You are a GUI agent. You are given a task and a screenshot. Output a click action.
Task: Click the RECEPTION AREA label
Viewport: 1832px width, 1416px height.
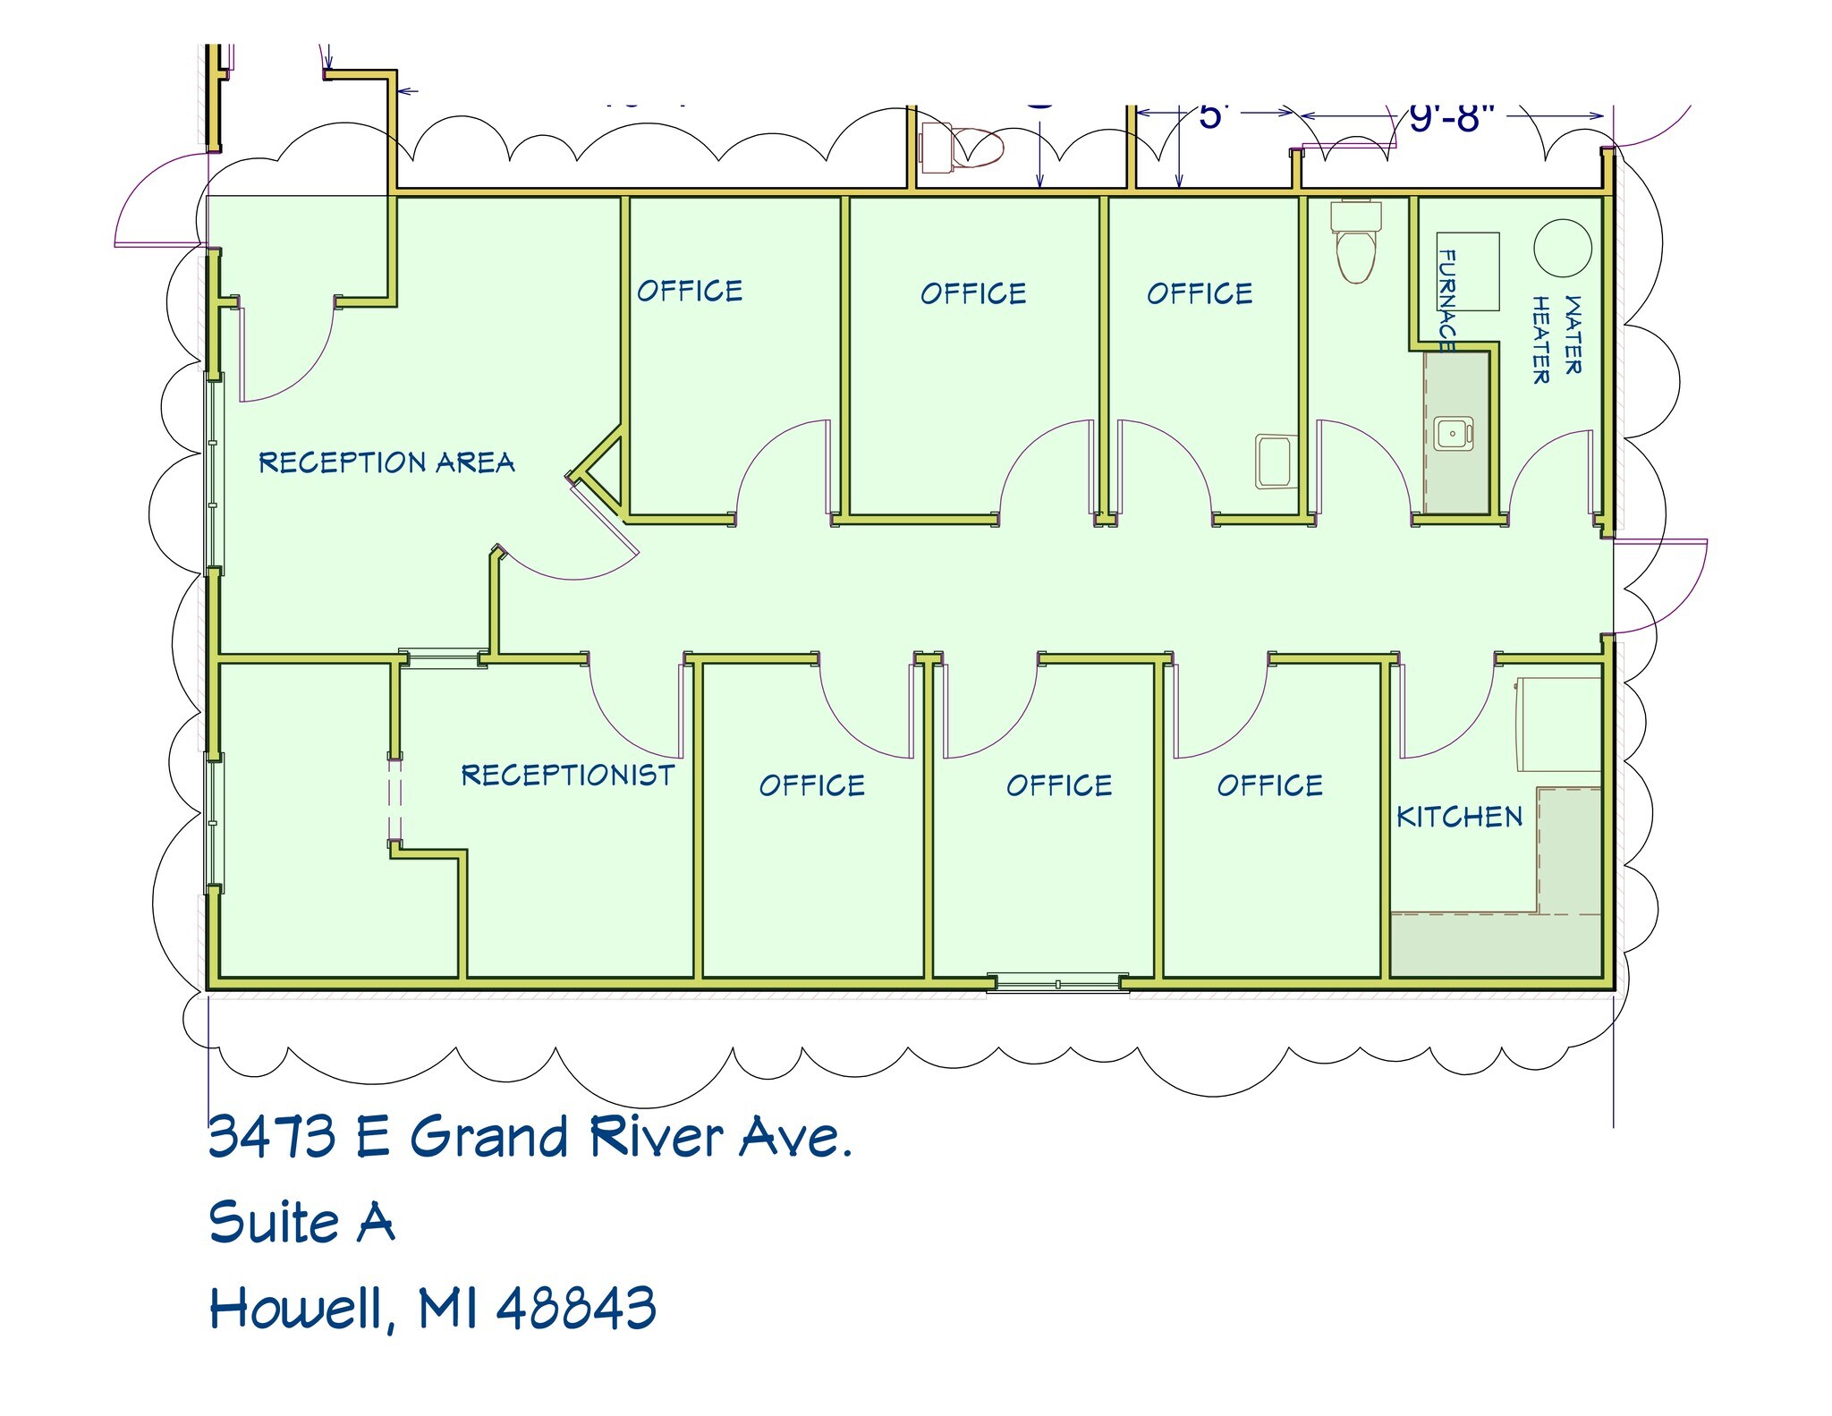pos(386,462)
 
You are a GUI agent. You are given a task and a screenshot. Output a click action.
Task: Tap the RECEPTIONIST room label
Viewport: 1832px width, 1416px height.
pos(567,775)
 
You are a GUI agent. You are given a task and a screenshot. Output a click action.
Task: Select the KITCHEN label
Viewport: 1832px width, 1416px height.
pos(1459,817)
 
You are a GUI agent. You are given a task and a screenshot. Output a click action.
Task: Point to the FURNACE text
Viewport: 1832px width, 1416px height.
pos(1446,300)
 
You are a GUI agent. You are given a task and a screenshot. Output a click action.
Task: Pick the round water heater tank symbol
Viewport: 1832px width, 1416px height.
pos(1563,248)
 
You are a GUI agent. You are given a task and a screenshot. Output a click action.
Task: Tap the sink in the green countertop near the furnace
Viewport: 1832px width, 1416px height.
pos(1453,434)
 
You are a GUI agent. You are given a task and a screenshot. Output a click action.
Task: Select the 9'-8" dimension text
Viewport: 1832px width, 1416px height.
pos(1452,117)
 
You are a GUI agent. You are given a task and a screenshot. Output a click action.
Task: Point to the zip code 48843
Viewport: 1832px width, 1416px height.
pos(576,1308)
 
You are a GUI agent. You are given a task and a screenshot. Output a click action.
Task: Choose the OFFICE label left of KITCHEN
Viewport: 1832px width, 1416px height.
pos(1269,785)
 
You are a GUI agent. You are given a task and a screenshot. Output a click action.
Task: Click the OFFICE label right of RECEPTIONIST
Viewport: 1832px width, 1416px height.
pos(811,785)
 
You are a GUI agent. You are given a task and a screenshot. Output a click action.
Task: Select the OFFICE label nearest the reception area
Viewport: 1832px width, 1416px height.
pos(689,291)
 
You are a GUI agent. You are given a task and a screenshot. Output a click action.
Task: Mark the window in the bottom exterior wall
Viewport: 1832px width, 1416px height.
pos(1057,984)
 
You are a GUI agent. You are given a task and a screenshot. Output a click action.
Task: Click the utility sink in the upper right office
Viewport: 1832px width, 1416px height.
pos(1276,461)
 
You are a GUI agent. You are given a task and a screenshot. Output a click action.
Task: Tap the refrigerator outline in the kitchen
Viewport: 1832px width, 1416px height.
pos(1558,725)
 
